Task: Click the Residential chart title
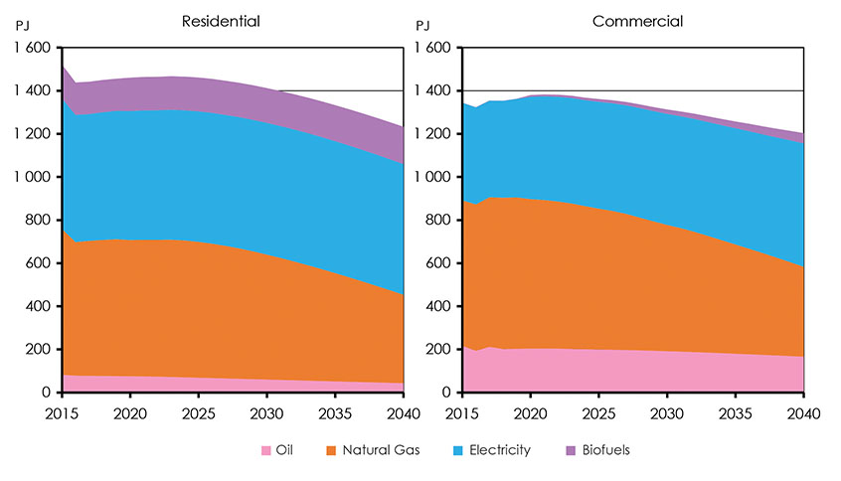227,21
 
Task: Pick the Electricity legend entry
497,450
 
